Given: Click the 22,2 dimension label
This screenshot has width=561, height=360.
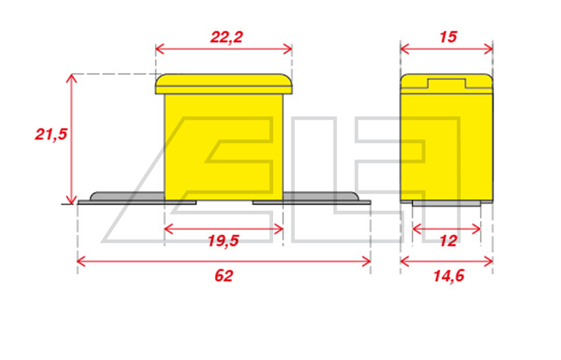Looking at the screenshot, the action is (x=227, y=37).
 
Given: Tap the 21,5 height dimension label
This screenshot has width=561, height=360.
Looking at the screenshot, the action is (x=51, y=135).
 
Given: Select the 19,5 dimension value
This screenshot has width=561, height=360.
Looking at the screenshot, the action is (x=223, y=241).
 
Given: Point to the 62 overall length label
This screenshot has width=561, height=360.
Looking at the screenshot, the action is (x=224, y=276).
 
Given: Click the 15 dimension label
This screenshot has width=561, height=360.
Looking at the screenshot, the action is (x=448, y=37).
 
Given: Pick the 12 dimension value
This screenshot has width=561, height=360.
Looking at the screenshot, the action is (x=448, y=241).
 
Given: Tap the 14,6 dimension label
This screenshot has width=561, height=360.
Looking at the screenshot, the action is (x=448, y=276).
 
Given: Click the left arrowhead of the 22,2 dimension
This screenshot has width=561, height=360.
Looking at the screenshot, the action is (x=160, y=48).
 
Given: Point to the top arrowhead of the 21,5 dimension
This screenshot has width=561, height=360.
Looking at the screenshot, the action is (x=71, y=78).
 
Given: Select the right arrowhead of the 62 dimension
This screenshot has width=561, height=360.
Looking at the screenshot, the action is (x=366, y=261).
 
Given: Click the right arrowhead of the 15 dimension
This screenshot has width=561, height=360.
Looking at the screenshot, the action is (x=489, y=48).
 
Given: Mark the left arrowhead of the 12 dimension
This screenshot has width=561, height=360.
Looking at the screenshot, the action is (x=417, y=229).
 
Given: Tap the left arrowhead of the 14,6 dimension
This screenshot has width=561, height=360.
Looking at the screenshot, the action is (x=405, y=261).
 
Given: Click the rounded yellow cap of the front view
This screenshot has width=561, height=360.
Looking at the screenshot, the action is (x=224, y=84).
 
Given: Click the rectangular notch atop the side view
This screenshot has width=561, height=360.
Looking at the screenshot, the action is (x=447, y=83).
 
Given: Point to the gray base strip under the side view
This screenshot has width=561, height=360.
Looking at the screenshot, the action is (x=446, y=203).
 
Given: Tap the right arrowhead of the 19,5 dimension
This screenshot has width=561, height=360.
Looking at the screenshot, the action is (x=279, y=229).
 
